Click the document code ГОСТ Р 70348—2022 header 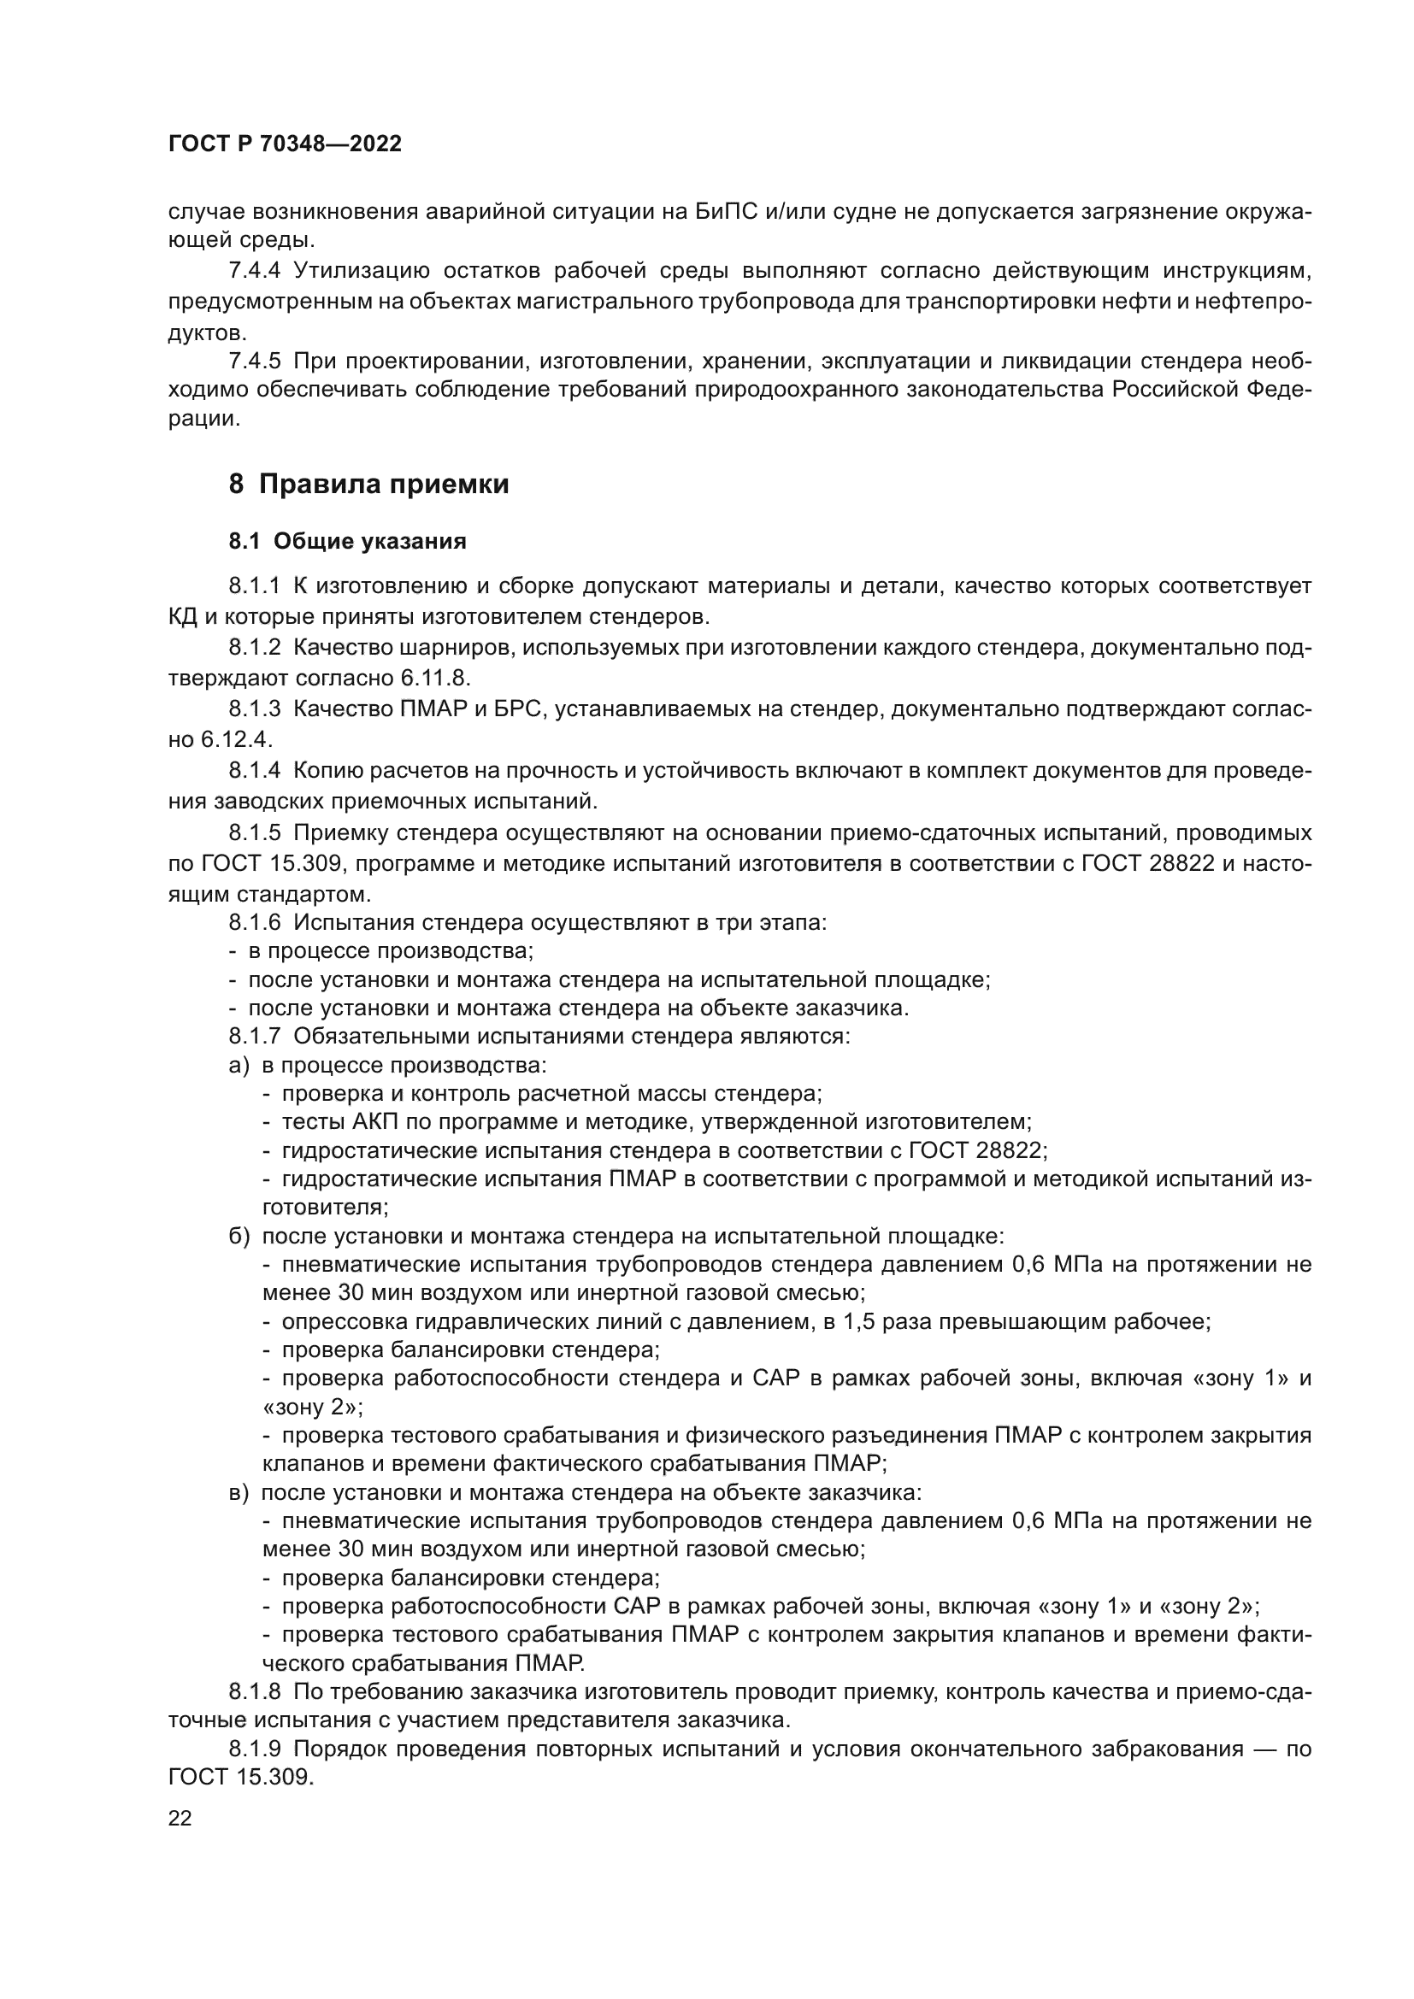click(x=285, y=144)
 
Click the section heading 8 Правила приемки click(x=368, y=484)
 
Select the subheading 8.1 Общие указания click(x=347, y=542)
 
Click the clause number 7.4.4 click(x=254, y=271)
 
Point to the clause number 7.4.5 click(x=254, y=361)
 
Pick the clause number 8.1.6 click(x=254, y=922)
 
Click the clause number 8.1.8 click(x=254, y=1691)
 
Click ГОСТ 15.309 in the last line click(x=239, y=1777)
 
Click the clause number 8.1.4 click(x=254, y=770)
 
